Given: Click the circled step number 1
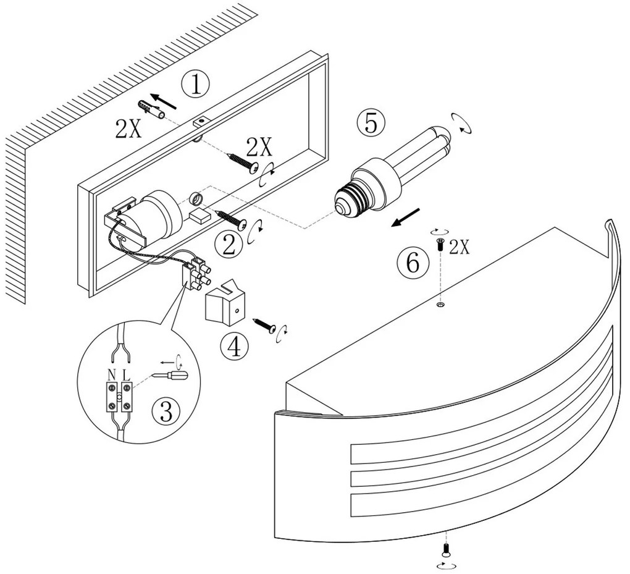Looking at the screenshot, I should [x=196, y=83].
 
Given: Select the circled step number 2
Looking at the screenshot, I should [x=229, y=245].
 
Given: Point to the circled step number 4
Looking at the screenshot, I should [x=234, y=347].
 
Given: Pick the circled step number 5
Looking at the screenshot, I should [x=370, y=123].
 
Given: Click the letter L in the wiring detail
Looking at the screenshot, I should [x=126, y=374].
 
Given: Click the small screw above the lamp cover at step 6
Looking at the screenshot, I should [x=440, y=244].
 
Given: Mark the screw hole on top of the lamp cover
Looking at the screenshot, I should [x=440, y=304].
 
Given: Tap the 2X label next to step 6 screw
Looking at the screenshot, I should [x=460, y=248].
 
